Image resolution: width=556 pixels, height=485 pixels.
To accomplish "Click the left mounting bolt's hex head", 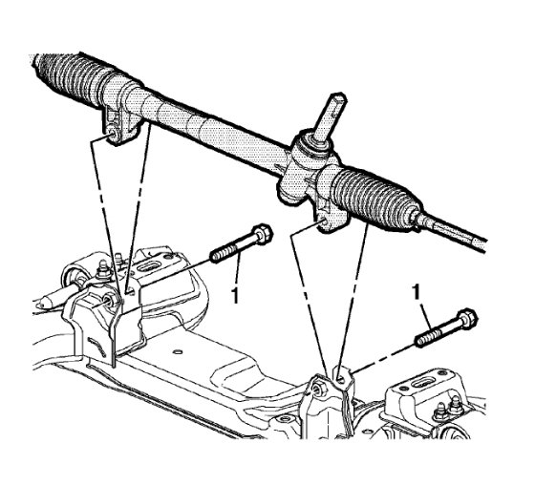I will coord(262,233).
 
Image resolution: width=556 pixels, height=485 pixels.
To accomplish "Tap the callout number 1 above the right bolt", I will coord(418,287).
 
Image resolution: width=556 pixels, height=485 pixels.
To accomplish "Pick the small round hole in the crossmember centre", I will coord(178,353).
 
